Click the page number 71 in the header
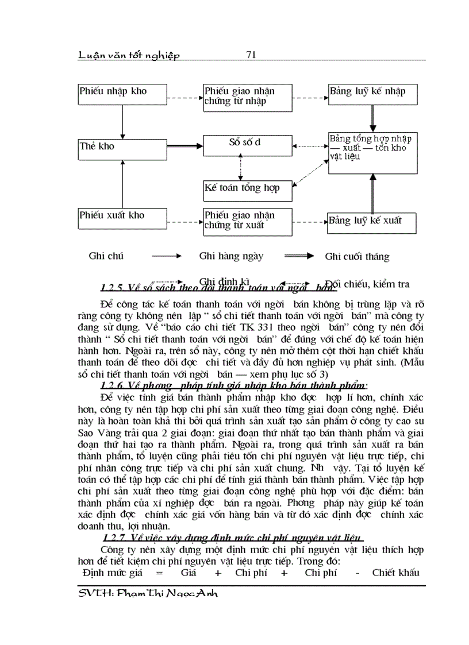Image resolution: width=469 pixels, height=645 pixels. [x=250, y=55]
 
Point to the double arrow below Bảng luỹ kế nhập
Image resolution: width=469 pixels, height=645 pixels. [x=373, y=120]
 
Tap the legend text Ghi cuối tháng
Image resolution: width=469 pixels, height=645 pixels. [x=357, y=257]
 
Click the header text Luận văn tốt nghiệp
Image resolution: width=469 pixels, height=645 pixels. [x=129, y=55]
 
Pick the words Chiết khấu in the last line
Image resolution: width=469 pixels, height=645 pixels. [x=395, y=573]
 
